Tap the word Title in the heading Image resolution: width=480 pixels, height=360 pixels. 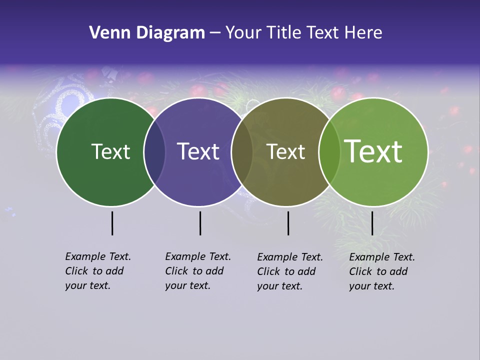pyautogui.click(x=284, y=33)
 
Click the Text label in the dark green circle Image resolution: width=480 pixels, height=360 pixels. pyautogui.click(x=110, y=152)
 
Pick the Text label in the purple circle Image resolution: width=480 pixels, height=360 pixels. pyautogui.click(x=198, y=152)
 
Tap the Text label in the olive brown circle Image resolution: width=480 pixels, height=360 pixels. pyautogui.click(x=285, y=152)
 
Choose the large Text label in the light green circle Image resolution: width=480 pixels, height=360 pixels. pyautogui.click(x=373, y=151)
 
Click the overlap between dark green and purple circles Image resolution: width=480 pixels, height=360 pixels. pyautogui.click(x=154, y=152)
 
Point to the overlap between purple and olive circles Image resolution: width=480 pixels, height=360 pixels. pyautogui.click(x=242, y=152)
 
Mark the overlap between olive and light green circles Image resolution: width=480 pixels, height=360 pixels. pyautogui.click(x=329, y=152)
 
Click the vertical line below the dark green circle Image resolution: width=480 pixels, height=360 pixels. pyautogui.click(x=112, y=223)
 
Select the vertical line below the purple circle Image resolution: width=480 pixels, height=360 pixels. pyautogui.click(x=200, y=223)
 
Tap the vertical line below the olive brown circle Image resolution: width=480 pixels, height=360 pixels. pyautogui.click(x=288, y=223)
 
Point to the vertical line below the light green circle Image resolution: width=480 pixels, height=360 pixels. pyautogui.click(x=372, y=223)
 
